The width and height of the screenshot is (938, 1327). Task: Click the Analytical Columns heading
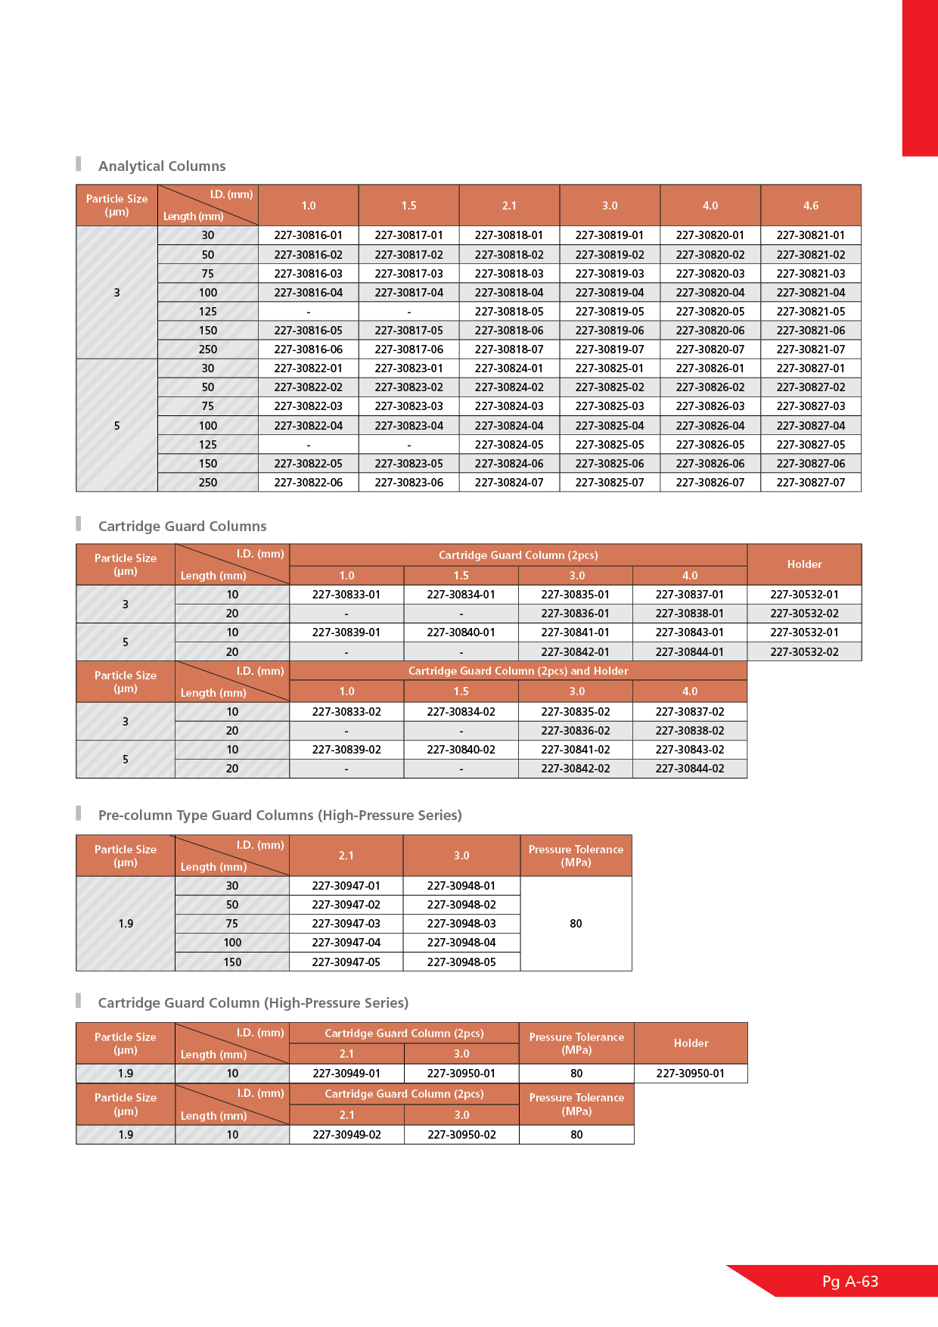[162, 166]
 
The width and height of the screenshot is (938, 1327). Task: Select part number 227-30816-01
[308, 235]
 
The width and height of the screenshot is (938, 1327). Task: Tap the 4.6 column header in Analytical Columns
[810, 206]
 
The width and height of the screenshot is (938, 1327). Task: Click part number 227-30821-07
[810, 350]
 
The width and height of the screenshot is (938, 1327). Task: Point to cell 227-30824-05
[509, 445]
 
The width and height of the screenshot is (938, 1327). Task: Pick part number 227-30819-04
[610, 293]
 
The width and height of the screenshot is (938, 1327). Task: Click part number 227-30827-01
[810, 368]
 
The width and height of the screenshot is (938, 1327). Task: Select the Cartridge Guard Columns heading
[182, 527]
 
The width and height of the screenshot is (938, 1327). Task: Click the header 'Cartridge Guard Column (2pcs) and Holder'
[518, 671]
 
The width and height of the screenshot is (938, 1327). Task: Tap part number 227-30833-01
[346, 595]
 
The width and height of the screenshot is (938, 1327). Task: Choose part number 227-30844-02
[690, 769]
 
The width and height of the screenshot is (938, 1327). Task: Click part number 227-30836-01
[575, 614]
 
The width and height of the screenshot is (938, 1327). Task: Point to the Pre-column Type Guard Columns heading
[280, 816]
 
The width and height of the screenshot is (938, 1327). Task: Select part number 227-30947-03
[346, 924]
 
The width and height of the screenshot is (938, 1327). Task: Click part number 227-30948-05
[461, 962]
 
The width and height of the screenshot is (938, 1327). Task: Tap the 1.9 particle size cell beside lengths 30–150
[126, 924]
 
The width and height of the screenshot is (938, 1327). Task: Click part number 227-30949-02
[346, 1135]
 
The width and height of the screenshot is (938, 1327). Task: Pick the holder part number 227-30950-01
[690, 1074]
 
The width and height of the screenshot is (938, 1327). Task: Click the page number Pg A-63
[850, 1282]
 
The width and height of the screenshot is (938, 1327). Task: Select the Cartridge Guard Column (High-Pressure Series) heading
[253, 1003]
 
